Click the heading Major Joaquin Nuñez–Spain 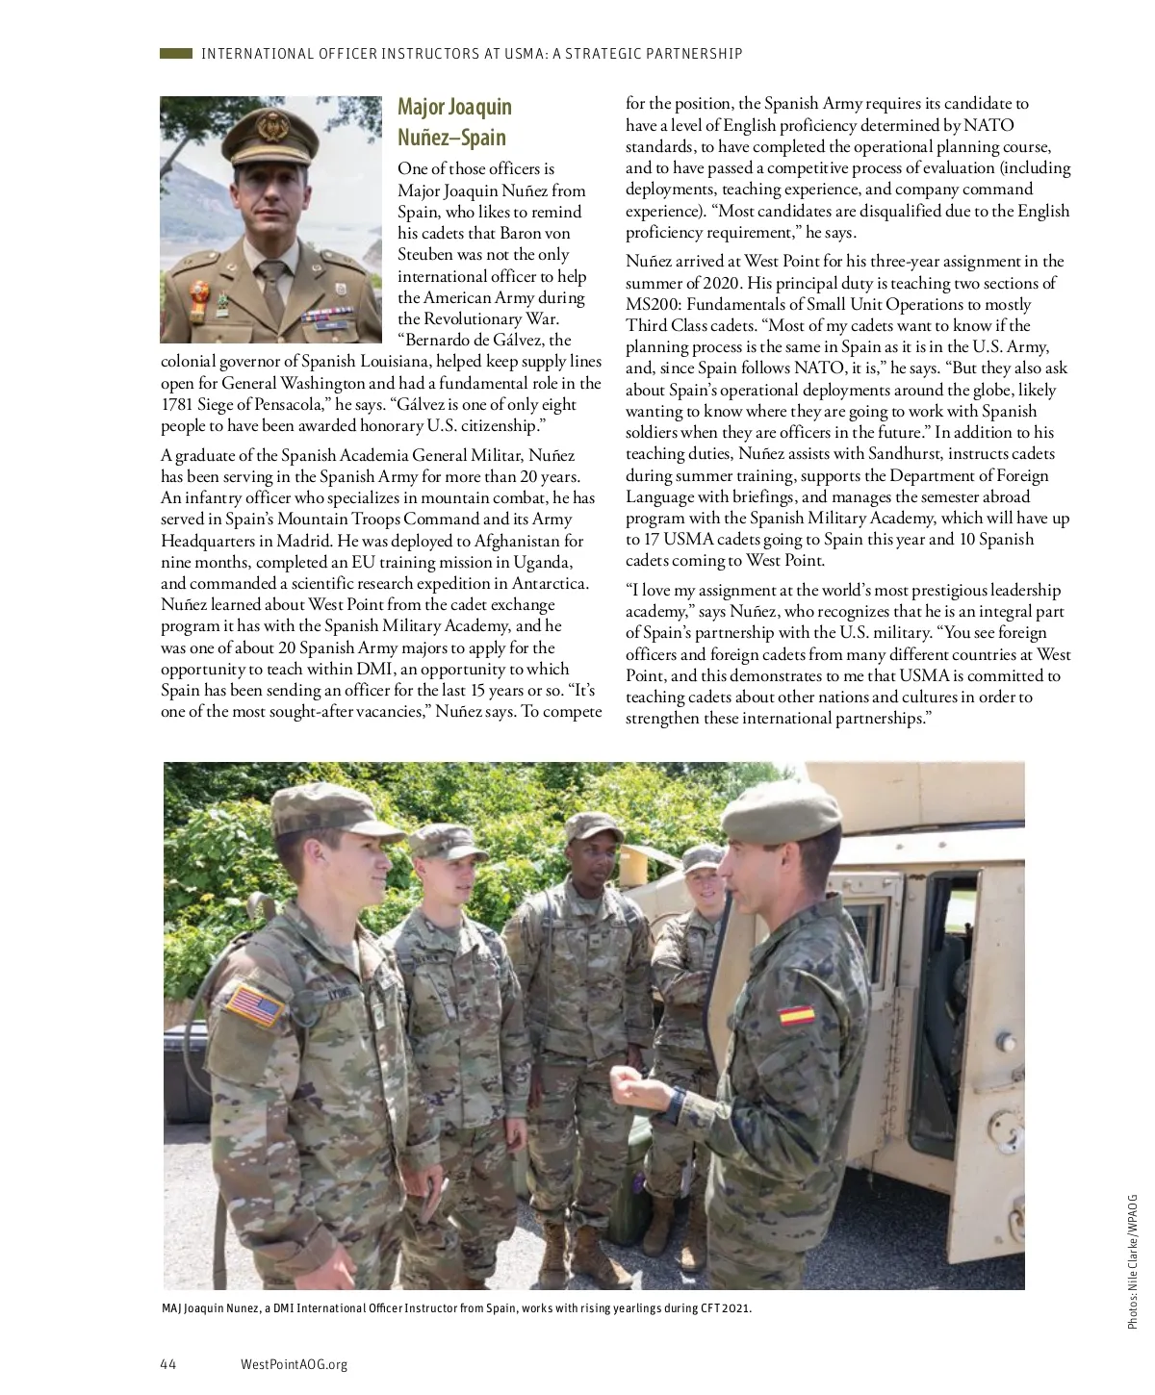[453, 121]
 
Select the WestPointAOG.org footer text [294, 1363]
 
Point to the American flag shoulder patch [255, 1005]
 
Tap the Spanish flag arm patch [796, 1015]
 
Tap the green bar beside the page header [176, 54]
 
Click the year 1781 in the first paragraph [178, 404]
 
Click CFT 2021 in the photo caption [721, 1308]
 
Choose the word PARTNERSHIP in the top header [694, 54]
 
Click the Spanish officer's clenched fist [630, 1085]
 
